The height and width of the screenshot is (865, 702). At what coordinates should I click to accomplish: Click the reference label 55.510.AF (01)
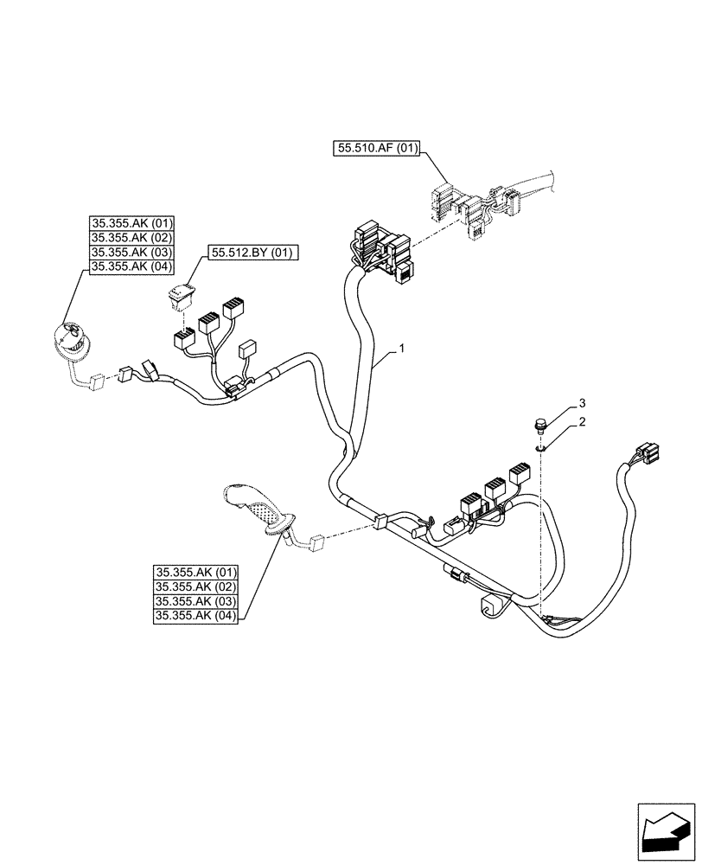pos(375,149)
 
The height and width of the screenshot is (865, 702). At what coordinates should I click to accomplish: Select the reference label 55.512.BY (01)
pos(252,253)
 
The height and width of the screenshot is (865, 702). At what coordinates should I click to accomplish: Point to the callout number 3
pos(584,403)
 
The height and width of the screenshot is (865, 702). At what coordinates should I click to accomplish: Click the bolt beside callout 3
pos(540,426)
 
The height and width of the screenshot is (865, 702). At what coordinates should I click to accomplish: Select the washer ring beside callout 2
pos(540,447)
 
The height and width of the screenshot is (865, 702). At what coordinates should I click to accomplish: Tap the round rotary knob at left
pos(71,340)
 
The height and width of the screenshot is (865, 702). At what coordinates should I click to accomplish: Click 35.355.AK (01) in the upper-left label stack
pos(130,223)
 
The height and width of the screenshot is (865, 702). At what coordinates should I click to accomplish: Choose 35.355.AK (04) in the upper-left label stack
pos(130,267)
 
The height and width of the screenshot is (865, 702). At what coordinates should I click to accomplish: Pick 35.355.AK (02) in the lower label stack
pos(197,586)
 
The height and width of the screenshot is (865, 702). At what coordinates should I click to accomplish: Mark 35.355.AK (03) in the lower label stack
pos(197,601)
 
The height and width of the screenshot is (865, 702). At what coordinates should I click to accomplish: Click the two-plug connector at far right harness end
pos(648,452)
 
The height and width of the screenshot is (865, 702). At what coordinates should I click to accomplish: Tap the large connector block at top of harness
pos(380,251)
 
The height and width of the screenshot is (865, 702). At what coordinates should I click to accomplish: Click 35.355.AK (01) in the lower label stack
pos(197,572)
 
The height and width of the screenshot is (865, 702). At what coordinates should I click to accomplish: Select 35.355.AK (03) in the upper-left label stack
pos(130,253)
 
